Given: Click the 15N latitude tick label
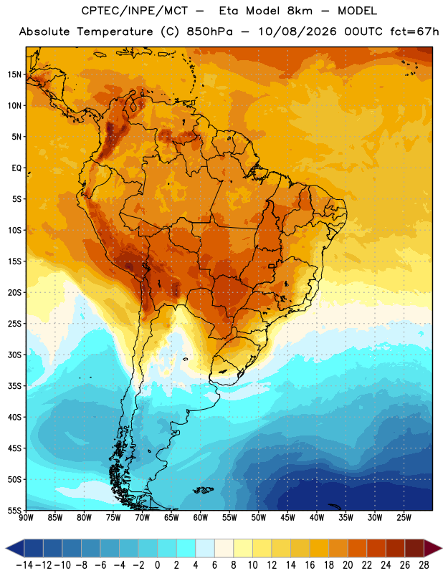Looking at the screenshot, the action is tap(14, 74).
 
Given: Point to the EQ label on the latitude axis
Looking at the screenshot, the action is tap(16, 168).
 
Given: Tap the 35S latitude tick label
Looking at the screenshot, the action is tap(14, 386).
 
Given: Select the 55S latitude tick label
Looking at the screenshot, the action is tap(14, 511).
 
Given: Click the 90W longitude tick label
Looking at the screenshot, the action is tap(26, 518).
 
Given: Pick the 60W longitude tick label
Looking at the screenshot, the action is tap(201, 518).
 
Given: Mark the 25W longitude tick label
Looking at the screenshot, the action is tap(404, 518).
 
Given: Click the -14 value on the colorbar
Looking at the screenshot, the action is tap(24, 565).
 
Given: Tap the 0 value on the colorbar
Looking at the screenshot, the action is tap(157, 565).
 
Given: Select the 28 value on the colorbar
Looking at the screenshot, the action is tap(424, 565).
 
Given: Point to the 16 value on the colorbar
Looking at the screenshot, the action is tap(310, 565).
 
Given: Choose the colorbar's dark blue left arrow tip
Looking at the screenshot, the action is tap(6, 548).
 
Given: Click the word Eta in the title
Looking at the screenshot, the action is tap(228, 11).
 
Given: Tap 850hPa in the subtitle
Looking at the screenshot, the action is tap(209, 32).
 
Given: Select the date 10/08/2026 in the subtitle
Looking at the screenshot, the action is tap(297, 32).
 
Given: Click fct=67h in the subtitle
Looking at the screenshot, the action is tap(414, 32).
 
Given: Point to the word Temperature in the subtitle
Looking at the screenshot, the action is tap(115, 32).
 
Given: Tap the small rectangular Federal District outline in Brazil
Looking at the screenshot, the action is tap(272, 266).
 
